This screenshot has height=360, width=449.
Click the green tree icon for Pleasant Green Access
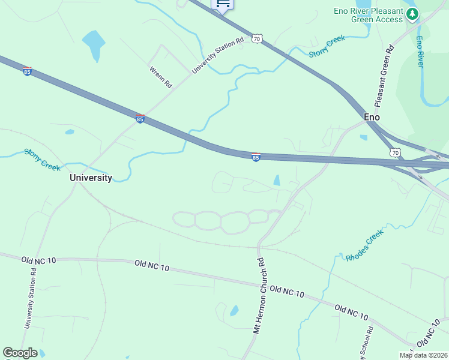pyautogui.click(x=412, y=14)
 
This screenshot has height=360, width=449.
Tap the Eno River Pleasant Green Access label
pyautogui.click(x=369, y=15)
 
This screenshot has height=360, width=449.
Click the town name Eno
pyautogui.click(x=372, y=117)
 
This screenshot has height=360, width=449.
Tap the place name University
pyautogui.click(x=91, y=178)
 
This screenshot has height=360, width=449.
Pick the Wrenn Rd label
pyautogui.click(x=161, y=77)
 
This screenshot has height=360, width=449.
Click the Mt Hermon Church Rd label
pyautogui.click(x=259, y=296)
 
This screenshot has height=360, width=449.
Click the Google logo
pyautogui.click(x=20, y=353)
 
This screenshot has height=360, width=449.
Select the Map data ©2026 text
pyautogui.click(x=424, y=355)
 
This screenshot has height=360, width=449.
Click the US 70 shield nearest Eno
pyautogui.click(x=395, y=153)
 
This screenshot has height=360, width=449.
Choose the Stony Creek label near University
pyautogui.click(x=43, y=159)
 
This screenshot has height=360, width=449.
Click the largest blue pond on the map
pyautogui.click(x=94, y=44)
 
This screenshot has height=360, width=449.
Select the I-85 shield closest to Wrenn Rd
pyautogui.click(x=140, y=119)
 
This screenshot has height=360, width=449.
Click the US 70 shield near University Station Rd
pyautogui.click(x=257, y=39)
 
